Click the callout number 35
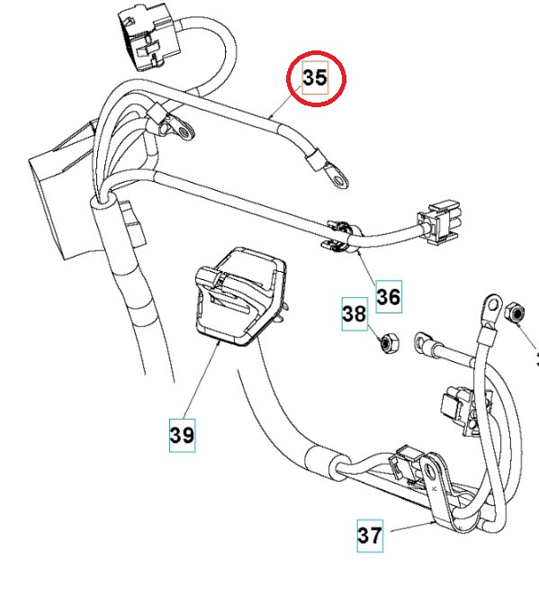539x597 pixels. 315,79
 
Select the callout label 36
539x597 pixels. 389,294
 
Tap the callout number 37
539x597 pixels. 370,535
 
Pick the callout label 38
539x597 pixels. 354,314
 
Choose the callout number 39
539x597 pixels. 182,435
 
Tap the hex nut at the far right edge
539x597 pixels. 517,312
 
